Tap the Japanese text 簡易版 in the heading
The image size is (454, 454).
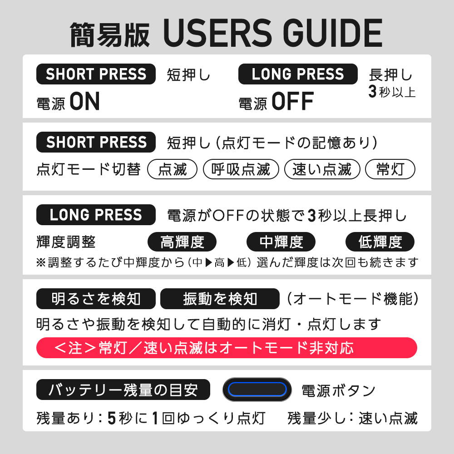point(110,35)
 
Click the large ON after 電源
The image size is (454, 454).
point(84,101)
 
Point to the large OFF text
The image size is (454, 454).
point(293,101)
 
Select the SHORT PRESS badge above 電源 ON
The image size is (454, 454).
point(96,74)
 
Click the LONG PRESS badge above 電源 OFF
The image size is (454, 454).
point(298,74)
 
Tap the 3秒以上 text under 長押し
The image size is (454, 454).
point(392,92)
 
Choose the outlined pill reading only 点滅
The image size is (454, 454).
point(172,169)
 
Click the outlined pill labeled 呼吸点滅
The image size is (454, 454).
point(241,169)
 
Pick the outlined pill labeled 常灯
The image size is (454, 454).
point(390,169)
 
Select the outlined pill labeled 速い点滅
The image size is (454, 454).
point(322,169)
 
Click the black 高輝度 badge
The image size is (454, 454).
point(182,242)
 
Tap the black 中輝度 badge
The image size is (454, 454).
point(281,242)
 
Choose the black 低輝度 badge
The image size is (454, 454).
point(380,242)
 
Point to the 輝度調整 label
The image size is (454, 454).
point(66,242)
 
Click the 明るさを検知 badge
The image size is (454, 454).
point(96,299)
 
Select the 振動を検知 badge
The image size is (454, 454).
point(220,299)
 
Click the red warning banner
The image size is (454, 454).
point(227,348)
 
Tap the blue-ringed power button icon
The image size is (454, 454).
point(257,390)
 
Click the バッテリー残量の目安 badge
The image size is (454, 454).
point(123,390)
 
